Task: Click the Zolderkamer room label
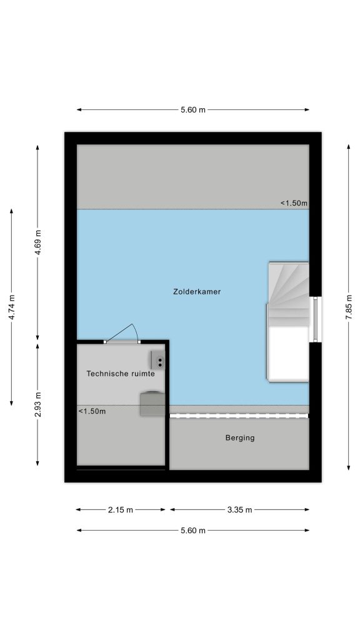tap(197, 291)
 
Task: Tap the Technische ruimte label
tap(121, 373)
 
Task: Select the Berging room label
tap(240, 438)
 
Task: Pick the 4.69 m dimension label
tap(37, 242)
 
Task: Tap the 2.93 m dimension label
tap(37, 404)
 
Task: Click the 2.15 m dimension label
tap(121, 509)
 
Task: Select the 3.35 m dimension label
tap(239, 509)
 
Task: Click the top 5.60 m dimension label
tap(193, 110)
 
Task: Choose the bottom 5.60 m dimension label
tap(193, 530)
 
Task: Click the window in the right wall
tap(315, 319)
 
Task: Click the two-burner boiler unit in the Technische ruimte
tap(157, 360)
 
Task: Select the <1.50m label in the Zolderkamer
tap(294, 203)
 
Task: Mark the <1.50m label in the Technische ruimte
tap(92, 411)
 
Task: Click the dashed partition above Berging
tap(239, 416)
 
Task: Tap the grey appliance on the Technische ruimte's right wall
tap(152, 404)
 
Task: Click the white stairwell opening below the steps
tap(288, 354)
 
